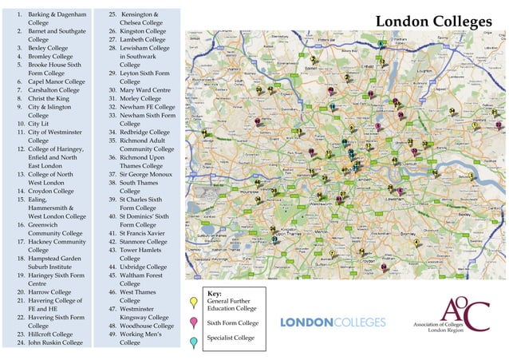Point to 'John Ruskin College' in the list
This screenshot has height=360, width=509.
coord(55,342)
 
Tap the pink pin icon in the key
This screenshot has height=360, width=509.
coord(194,322)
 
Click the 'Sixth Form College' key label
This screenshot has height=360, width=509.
coord(233,323)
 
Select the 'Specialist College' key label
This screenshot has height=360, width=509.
coord(231,338)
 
